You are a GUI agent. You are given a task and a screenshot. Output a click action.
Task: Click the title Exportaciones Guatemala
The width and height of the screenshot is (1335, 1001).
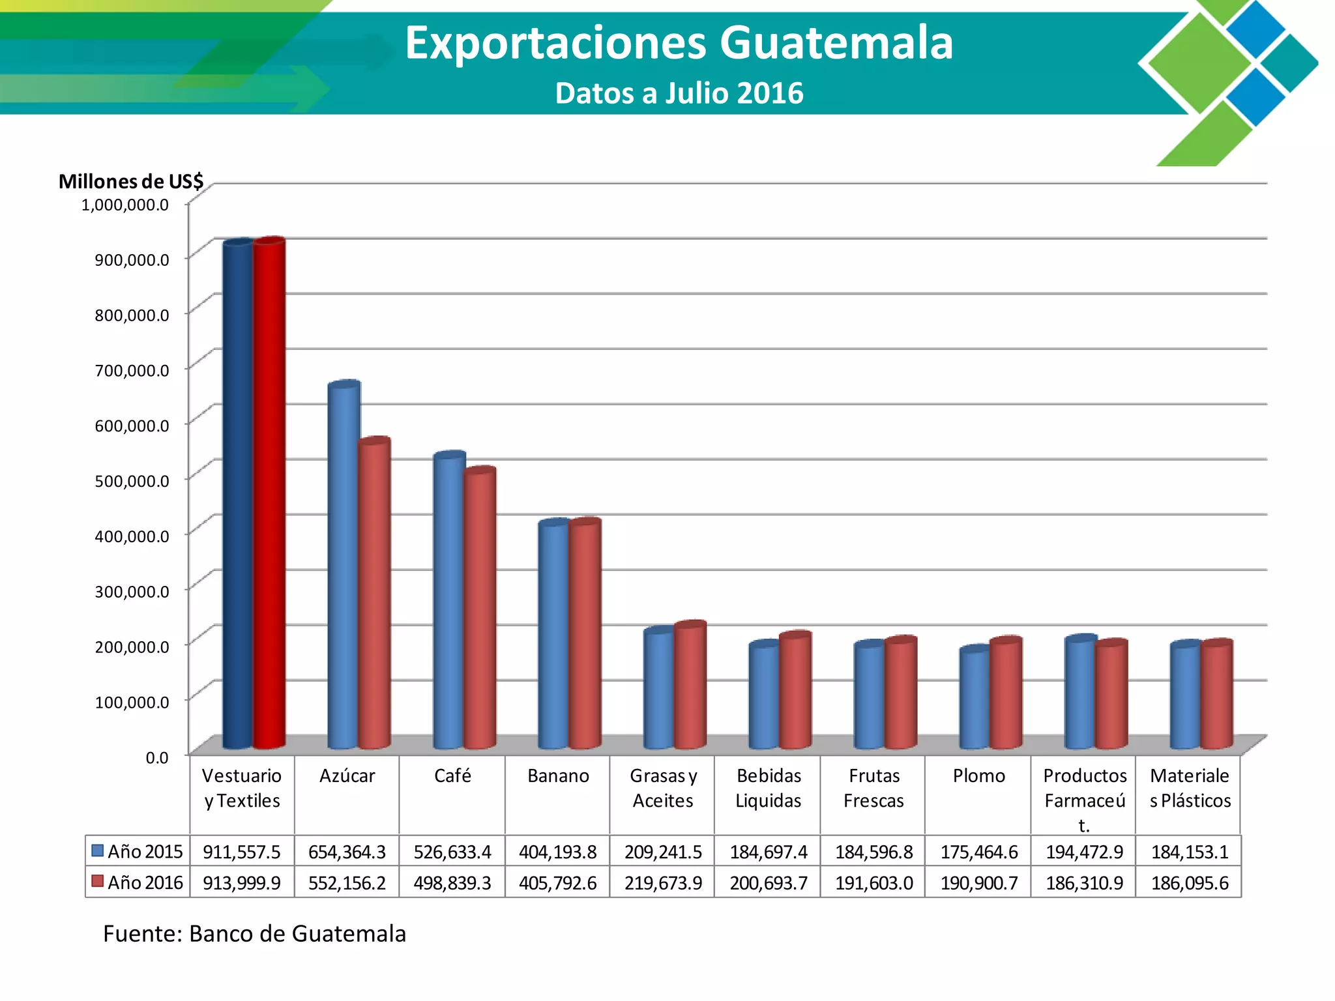click(679, 43)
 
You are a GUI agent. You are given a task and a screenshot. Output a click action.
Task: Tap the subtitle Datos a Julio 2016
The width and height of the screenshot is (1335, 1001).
click(679, 93)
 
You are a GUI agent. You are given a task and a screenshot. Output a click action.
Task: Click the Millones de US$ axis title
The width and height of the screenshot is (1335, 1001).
click(131, 181)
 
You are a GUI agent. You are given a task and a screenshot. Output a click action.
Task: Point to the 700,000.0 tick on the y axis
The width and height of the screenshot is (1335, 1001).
click(132, 370)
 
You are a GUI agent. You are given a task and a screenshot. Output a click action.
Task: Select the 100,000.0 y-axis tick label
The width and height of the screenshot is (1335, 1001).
click(132, 702)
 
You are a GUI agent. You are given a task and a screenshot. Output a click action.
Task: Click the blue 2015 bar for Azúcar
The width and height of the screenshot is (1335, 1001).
click(344, 564)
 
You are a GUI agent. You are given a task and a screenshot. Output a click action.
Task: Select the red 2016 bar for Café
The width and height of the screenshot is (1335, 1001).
click(480, 607)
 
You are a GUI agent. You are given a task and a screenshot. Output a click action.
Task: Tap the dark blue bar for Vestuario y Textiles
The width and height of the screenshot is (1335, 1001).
click(238, 494)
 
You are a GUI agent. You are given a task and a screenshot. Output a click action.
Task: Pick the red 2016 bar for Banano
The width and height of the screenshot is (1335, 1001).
click(585, 633)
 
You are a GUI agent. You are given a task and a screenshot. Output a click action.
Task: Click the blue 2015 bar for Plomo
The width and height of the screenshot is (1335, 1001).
click(975, 697)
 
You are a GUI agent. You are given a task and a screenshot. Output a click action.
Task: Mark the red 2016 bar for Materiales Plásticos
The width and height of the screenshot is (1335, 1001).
click(1217, 694)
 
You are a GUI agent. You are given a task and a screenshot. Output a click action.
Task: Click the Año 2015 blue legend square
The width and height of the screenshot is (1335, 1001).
click(98, 851)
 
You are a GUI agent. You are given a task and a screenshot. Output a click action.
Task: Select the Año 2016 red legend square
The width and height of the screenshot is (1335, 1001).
click(98, 882)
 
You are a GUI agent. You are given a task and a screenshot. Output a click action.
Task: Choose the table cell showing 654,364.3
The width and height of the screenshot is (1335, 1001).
click(347, 852)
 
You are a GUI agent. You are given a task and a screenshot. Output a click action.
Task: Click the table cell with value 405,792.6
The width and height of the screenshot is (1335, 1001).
click(558, 883)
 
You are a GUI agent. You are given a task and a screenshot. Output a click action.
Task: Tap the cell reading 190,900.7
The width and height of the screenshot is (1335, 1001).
click(979, 883)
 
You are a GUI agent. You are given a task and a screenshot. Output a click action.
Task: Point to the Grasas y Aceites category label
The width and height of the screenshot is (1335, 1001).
click(664, 788)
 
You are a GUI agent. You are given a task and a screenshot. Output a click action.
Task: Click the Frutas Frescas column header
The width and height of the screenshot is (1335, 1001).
click(874, 788)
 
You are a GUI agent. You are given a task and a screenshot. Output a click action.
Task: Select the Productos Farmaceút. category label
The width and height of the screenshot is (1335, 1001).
click(1085, 800)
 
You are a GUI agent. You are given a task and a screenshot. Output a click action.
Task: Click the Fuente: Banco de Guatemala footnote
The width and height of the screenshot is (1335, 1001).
click(254, 934)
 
